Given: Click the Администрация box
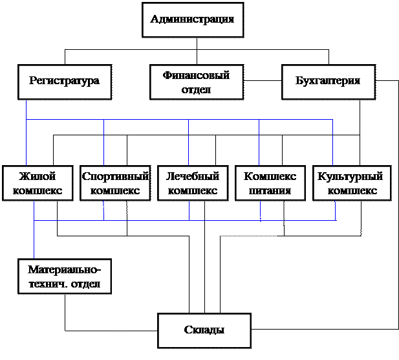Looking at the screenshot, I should click(192, 19).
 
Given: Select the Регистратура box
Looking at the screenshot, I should click(64, 82).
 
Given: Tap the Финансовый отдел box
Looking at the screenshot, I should click(197, 82).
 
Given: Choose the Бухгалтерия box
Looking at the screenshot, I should click(328, 82).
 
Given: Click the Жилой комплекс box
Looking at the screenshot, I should click(38, 183).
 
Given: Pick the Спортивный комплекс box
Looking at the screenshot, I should click(115, 183).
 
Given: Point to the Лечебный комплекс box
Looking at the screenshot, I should click(193, 183).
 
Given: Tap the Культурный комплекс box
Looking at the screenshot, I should click(352, 183).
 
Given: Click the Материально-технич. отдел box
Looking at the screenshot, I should click(64, 276).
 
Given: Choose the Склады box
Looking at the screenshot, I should click(204, 330).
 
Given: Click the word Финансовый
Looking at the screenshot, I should click(197, 76).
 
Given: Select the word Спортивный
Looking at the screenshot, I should click(116, 176).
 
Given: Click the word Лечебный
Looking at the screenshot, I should click(193, 176).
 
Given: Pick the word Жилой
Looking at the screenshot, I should click(38, 176).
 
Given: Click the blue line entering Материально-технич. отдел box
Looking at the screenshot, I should click(34, 243).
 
